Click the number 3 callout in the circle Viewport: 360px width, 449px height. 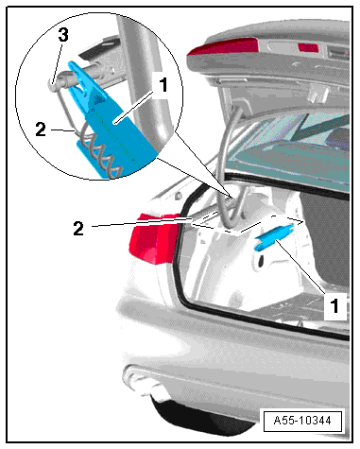coord(63,35)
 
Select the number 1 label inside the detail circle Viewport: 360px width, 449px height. coord(163,85)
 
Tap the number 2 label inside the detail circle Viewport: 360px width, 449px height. coord(41,130)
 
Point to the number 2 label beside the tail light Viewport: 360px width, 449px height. coord(78,229)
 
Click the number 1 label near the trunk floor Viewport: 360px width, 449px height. coord(334,306)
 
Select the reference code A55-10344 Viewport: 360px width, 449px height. coord(302,421)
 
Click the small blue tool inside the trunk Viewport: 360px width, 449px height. coord(274,238)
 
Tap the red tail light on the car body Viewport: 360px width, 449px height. coord(154,237)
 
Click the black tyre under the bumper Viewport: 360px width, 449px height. coord(201,416)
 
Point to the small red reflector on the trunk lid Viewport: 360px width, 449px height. coord(308,47)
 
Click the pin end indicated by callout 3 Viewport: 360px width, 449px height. coord(52,85)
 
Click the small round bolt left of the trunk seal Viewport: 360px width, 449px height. coord(179,197)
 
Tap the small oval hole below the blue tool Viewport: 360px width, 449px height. coord(262,260)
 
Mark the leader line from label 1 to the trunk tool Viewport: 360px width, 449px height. coord(300,266)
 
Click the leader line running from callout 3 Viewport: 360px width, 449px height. coord(57,62)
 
